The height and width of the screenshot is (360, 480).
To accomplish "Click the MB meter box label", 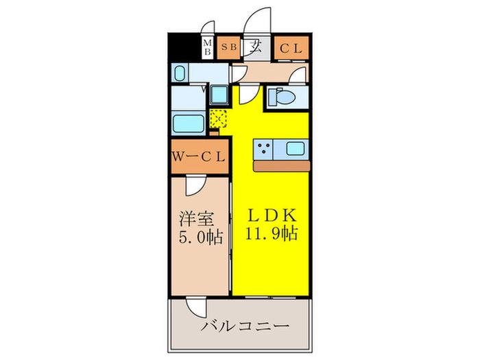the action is click(207, 47).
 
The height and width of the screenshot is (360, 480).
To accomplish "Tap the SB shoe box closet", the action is click(228, 47).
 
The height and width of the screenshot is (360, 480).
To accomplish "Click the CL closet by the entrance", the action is click(291, 47).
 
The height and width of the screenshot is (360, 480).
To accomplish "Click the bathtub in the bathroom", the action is click(189, 123).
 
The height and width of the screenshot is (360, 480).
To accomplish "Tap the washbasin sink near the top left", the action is click(180, 73).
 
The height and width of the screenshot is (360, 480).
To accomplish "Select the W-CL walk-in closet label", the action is click(199, 157).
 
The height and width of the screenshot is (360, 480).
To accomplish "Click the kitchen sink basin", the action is click(296, 149).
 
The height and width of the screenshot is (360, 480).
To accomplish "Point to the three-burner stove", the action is click(263, 149).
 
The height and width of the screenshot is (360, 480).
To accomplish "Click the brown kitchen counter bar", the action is click(282, 166).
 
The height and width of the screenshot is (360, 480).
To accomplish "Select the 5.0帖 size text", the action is click(200, 237).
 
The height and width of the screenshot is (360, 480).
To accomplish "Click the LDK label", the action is click(272, 215).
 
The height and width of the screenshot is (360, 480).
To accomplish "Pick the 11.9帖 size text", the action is click(272, 234).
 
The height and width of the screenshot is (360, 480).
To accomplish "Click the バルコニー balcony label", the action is click(245, 326).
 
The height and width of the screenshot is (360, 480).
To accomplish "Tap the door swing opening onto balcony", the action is click(197, 306).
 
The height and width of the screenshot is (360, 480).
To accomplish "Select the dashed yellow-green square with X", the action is click(219, 119).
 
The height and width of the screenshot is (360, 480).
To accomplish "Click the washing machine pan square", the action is click(219, 95).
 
